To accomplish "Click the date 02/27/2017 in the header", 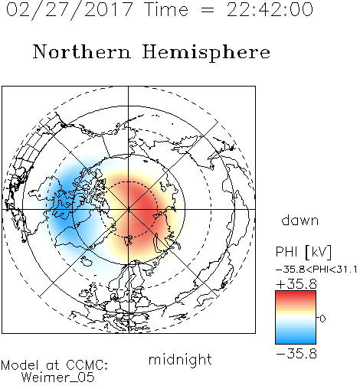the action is click(x=70, y=9).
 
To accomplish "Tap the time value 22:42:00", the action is click(x=270, y=9).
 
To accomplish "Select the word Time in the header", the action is click(x=166, y=9).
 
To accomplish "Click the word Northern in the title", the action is click(x=82, y=51).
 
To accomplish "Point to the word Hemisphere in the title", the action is click(x=206, y=53).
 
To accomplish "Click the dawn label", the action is click(x=300, y=220).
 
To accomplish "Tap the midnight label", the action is click(x=180, y=359).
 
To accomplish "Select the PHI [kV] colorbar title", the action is click(x=303, y=252).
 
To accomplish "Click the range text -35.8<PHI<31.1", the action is click(x=316, y=270).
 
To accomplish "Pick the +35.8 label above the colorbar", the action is click(x=296, y=284).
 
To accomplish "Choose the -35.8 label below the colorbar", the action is click(x=296, y=354).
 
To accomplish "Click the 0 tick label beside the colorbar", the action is click(x=322, y=319).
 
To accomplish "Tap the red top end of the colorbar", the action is click(x=296, y=293).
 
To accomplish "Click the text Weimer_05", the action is click(x=58, y=378).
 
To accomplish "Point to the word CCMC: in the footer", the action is click(x=87, y=365).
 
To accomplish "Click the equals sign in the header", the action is click(x=208, y=10).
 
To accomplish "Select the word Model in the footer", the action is click(x=20, y=365).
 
